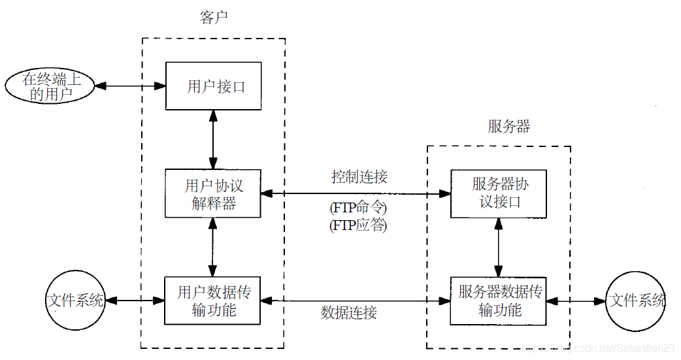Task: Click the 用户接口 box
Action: (213, 86)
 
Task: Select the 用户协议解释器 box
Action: (213, 194)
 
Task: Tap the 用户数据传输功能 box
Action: (213, 301)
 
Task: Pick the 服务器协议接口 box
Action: (499, 193)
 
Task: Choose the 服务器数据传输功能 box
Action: (499, 301)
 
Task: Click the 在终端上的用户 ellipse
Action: (48, 86)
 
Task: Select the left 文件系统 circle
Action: (75, 301)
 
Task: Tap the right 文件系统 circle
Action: (636, 301)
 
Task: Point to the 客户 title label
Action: (213, 18)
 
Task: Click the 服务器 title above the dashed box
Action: (508, 127)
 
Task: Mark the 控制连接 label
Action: (359, 177)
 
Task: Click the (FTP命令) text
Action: (358, 209)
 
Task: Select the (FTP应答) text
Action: (358, 226)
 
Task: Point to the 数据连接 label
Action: (349, 313)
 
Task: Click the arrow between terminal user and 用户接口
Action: (129, 86)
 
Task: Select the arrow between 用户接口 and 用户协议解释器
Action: (213, 139)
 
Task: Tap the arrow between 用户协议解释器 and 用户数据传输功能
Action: (212, 248)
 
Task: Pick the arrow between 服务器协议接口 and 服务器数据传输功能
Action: (499, 247)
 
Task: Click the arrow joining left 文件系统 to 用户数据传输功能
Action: (135, 301)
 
